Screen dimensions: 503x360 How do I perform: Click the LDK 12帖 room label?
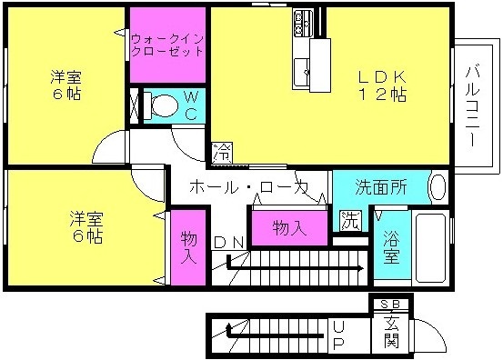(382, 85)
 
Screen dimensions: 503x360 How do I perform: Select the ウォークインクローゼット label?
(167, 45)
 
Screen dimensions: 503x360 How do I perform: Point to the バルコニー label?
(473, 106)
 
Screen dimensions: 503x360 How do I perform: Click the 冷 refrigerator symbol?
(222, 152)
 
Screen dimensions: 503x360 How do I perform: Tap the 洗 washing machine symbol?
(350, 221)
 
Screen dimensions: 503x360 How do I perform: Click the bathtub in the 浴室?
(430, 247)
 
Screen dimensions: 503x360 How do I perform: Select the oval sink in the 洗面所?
(438, 187)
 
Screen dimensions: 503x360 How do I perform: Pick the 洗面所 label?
(381, 187)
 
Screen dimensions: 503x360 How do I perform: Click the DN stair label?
(229, 243)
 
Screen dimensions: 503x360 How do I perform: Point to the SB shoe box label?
(390, 304)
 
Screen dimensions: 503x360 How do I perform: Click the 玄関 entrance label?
(392, 332)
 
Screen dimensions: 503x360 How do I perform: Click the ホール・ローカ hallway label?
(248, 187)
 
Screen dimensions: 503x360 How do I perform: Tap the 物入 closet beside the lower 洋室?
(188, 247)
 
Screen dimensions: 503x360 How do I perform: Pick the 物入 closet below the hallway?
(289, 228)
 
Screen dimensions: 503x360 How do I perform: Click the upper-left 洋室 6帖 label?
(66, 85)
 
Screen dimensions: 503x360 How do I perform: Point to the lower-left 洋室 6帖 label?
(86, 227)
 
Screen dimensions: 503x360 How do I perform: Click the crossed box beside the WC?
(135, 105)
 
